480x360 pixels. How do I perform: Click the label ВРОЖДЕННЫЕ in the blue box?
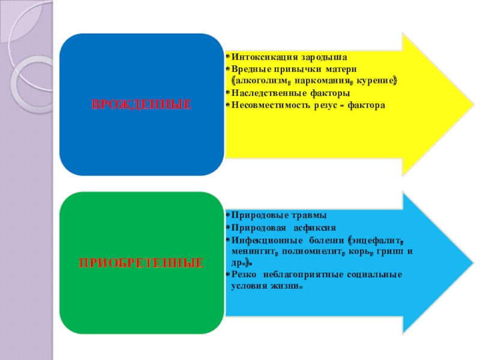[142, 104]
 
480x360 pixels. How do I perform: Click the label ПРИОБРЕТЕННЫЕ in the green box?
[142, 263]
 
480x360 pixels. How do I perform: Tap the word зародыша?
[324, 57]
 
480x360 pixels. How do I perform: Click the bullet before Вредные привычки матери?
[228, 68]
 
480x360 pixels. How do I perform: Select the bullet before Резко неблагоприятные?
[228, 275]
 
